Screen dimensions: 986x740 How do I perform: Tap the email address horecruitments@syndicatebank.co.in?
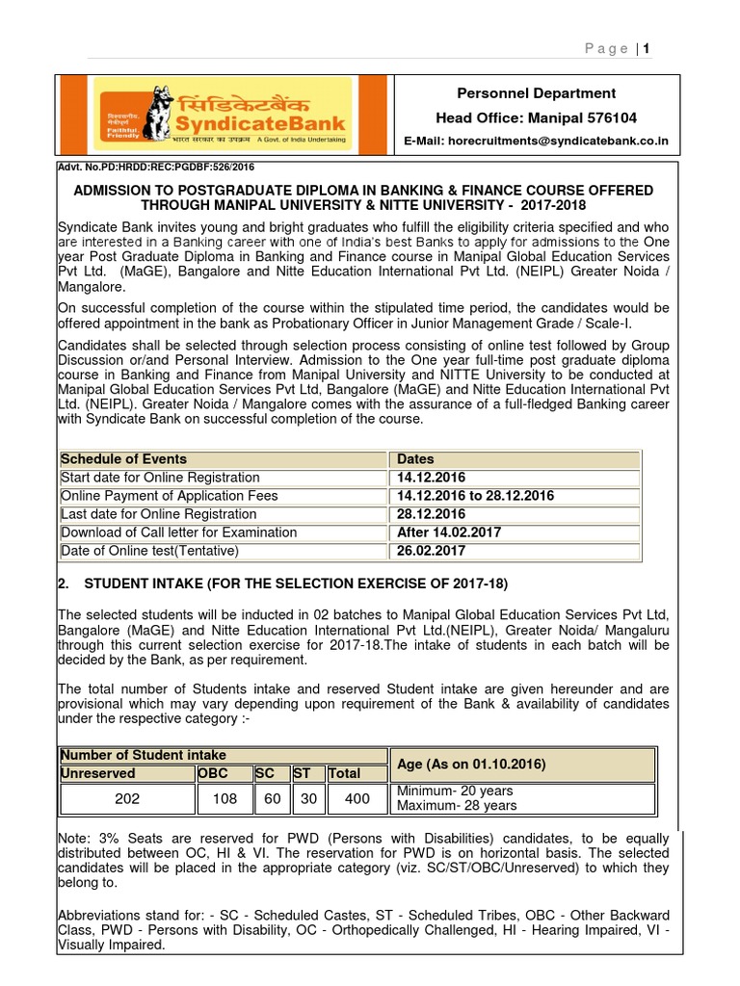point(536,142)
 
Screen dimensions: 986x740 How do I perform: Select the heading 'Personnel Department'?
point(536,93)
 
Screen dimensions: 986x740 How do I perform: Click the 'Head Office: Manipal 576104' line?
point(536,117)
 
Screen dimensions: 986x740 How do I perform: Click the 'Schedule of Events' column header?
point(124,459)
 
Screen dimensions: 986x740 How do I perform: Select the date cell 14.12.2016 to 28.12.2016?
point(475,496)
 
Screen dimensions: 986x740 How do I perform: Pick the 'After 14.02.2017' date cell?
point(449,532)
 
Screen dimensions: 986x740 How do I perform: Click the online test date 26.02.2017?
point(431,551)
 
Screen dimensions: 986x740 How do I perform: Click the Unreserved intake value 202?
point(126,798)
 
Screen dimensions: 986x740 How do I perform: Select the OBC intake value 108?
point(224,798)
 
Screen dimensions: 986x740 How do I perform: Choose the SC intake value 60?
point(272,798)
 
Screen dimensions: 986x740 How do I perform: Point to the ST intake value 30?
point(307,798)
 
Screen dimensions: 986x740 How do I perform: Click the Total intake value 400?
point(357,798)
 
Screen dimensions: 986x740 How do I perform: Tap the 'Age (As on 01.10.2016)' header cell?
point(471,765)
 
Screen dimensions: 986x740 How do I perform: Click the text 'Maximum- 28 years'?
point(457,806)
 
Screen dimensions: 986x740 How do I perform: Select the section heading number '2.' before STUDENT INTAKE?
point(65,584)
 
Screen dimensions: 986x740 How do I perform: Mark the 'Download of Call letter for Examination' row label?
point(178,532)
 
